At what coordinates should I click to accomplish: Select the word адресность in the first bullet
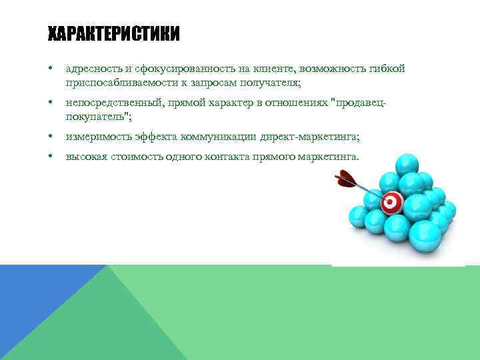pos(90,69)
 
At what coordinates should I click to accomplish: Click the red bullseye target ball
pos(391,201)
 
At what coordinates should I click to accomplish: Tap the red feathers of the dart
pos(345,178)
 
